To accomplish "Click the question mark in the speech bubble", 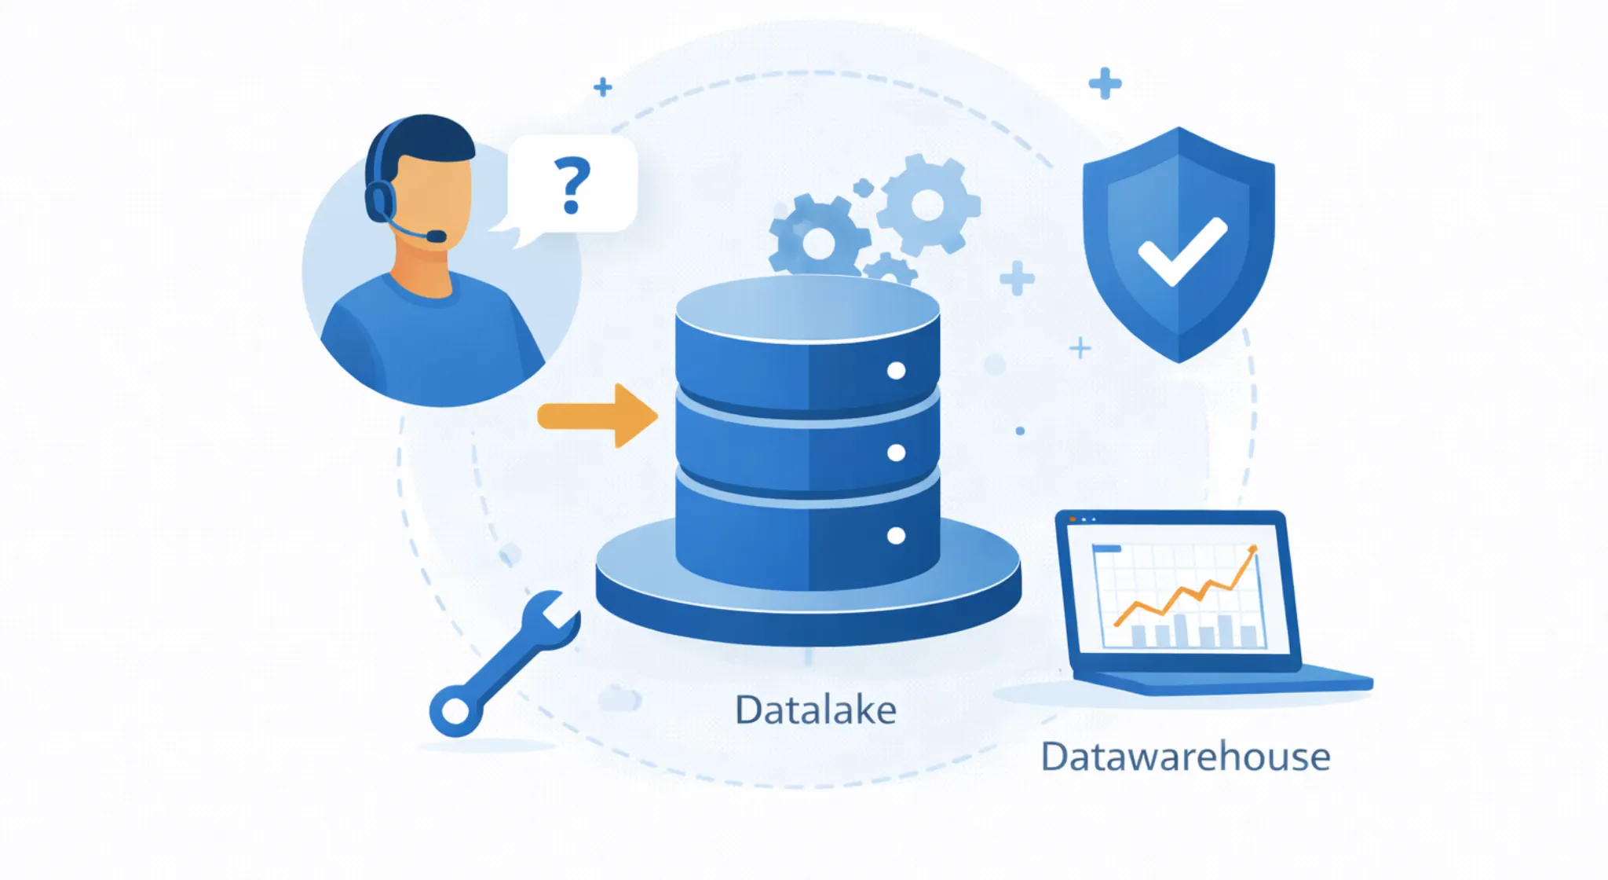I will tap(572, 185).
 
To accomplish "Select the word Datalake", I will tap(815, 710).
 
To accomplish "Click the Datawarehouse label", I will tap(1185, 757).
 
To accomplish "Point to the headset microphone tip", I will tap(436, 236).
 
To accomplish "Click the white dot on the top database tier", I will tap(896, 371).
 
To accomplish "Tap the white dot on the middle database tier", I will tap(896, 453).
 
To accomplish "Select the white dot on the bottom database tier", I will tap(896, 536).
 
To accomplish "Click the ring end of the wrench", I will tap(455, 711).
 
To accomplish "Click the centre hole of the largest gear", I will tap(927, 205).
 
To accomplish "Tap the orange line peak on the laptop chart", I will tap(1252, 549).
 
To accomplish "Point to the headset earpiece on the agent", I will tap(380, 200).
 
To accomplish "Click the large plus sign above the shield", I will tap(1105, 83).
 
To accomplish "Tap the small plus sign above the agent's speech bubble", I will tap(603, 86).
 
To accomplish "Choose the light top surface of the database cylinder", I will tap(807, 309).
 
